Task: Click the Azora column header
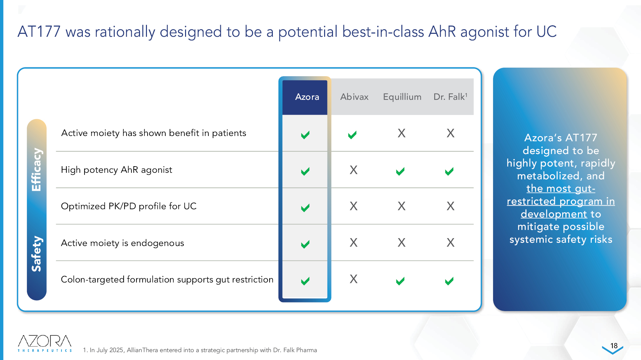307,97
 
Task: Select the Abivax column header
354,97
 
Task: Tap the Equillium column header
402,97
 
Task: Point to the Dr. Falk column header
450,97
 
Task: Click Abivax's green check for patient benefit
352,135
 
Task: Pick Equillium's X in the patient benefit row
401,133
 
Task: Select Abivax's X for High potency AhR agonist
353,170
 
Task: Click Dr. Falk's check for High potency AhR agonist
449,171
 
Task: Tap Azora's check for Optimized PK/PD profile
305,208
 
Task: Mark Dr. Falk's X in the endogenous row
450,242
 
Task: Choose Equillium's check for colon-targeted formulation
400,281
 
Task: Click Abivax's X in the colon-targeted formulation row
353,279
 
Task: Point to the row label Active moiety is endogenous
123,243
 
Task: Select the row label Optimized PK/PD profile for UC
129,206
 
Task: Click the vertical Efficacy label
36,169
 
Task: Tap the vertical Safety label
36,254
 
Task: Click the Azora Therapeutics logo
45,343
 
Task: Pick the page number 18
614,346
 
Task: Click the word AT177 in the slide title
39,32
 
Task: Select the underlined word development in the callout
554,214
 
